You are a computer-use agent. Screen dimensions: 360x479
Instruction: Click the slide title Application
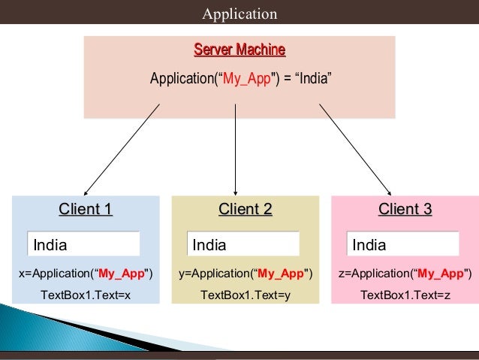click(239, 14)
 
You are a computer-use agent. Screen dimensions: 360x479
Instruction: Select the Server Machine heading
click(239, 50)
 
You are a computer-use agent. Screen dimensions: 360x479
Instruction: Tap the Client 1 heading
click(86, 210)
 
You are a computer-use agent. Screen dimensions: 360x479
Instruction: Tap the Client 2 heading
click(245, 210)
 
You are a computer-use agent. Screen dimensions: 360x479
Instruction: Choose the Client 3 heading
click(405, 210)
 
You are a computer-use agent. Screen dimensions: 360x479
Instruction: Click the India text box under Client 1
click(84, 244)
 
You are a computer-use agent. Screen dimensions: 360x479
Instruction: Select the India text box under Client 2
click(243, 244)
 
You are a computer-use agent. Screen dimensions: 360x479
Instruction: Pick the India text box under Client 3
click(403, 244)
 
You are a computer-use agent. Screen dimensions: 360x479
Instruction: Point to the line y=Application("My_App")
click(246, 274)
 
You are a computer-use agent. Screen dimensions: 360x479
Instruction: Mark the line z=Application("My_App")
click(405, 274)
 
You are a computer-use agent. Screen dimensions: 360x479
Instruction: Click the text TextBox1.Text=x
click(86, 295)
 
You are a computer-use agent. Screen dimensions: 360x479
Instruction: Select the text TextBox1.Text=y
click(246, 295)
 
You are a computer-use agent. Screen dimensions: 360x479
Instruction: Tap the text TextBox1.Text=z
click(405, 295)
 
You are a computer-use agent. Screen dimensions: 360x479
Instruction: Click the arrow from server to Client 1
click(122, 149)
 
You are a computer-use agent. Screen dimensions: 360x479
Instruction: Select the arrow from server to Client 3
click(355, 149)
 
